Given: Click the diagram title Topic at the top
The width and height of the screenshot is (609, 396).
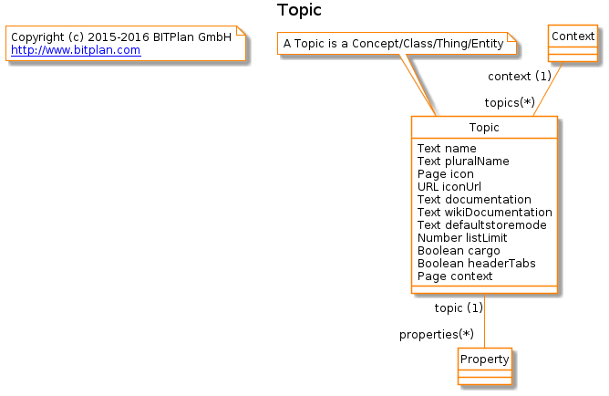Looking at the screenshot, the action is (299, 10).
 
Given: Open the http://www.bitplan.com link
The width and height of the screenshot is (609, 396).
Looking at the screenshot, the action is (76, 50).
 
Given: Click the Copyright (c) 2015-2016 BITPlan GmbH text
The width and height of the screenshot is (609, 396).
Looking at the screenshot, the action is (121, 37).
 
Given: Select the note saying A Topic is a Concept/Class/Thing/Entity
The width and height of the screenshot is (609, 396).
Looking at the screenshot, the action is (397, 43).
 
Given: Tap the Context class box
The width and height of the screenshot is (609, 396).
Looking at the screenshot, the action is (573, 43).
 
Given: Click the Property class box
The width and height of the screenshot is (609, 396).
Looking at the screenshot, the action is (485, 366).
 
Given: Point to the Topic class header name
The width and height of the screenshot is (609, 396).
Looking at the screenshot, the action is (484, 128).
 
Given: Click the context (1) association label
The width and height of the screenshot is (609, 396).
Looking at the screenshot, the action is (520, 76).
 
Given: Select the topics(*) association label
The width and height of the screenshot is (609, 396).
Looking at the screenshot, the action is (510, 102).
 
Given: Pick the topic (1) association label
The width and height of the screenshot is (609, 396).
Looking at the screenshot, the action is (459, 307).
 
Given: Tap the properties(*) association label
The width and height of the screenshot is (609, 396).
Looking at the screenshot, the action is (437, 334).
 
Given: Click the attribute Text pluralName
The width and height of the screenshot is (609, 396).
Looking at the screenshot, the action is (463, 162).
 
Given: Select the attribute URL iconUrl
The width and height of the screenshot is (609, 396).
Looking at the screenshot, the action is (449, 187).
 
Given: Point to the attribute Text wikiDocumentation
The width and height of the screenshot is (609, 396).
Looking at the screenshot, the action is (485, 213).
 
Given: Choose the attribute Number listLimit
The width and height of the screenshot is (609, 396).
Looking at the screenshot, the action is (462, 238).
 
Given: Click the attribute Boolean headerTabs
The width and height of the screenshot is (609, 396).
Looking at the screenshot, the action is (477, 264).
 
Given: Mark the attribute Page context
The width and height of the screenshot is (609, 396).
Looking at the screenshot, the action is (455, 276).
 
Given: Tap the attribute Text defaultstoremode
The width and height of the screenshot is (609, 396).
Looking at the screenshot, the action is (482, 225).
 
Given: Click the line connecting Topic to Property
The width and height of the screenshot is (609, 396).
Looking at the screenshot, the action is (484, 320).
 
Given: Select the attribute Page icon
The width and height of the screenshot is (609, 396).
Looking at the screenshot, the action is (446, 174).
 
